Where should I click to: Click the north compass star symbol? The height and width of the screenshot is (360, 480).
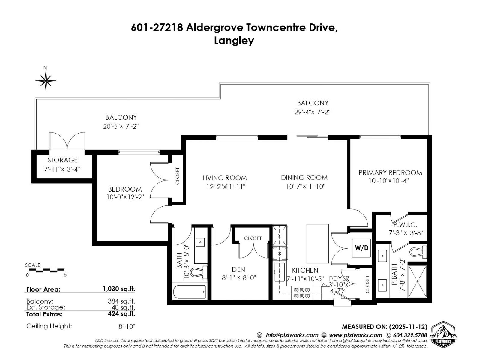click(46, 80)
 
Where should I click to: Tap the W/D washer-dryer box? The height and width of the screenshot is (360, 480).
click(361, 248)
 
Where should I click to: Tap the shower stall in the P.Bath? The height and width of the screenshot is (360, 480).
click(417, 281)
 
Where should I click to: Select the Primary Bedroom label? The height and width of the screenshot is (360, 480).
click(390, 173)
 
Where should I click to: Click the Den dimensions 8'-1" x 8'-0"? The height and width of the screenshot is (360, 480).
click(239, 278)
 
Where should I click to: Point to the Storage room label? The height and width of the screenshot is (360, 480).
click(62, 160)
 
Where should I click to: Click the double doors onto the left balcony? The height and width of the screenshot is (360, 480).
click(67, 141)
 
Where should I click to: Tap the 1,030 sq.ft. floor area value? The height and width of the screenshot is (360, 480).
click(119, 289)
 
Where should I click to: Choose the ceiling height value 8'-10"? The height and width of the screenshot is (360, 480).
click(127, 326)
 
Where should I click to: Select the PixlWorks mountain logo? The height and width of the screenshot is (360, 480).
click(443, 334)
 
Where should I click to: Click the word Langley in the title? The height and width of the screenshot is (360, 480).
click(234, 40)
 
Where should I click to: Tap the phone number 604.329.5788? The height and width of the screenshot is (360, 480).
click(410, 335)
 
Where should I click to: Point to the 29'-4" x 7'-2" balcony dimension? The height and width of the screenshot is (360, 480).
click(312, 112)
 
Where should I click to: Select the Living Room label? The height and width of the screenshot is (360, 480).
click(224, 178)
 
